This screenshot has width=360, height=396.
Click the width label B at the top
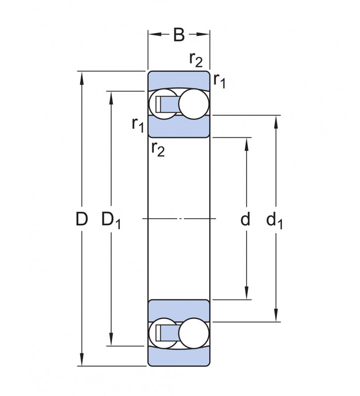[x=179, y=35]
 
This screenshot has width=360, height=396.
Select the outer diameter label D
[x=82, y=219]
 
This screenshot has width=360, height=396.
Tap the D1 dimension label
[x=111, y=220]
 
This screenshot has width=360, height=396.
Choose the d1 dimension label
[x=274, y=220]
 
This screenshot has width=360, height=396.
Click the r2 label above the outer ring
[x=196, y=60]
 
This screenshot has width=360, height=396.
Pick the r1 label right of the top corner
[x=219, y=81]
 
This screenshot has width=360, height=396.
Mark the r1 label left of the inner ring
[x=138, y=125]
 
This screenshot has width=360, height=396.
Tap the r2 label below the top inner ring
[x=158, y=149]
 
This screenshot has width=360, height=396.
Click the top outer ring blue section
[x=179, y=80]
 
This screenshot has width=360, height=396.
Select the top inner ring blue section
[x=179, y=127]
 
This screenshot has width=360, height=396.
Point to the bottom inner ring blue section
[x=179, y=311]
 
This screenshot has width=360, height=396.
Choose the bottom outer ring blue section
[x=179, y=356]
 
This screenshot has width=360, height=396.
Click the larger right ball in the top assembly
[x=194, y=103]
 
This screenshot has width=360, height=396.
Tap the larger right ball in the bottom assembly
[x=194, y=333]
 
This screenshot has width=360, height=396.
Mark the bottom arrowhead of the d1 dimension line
[x=276, y=315]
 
